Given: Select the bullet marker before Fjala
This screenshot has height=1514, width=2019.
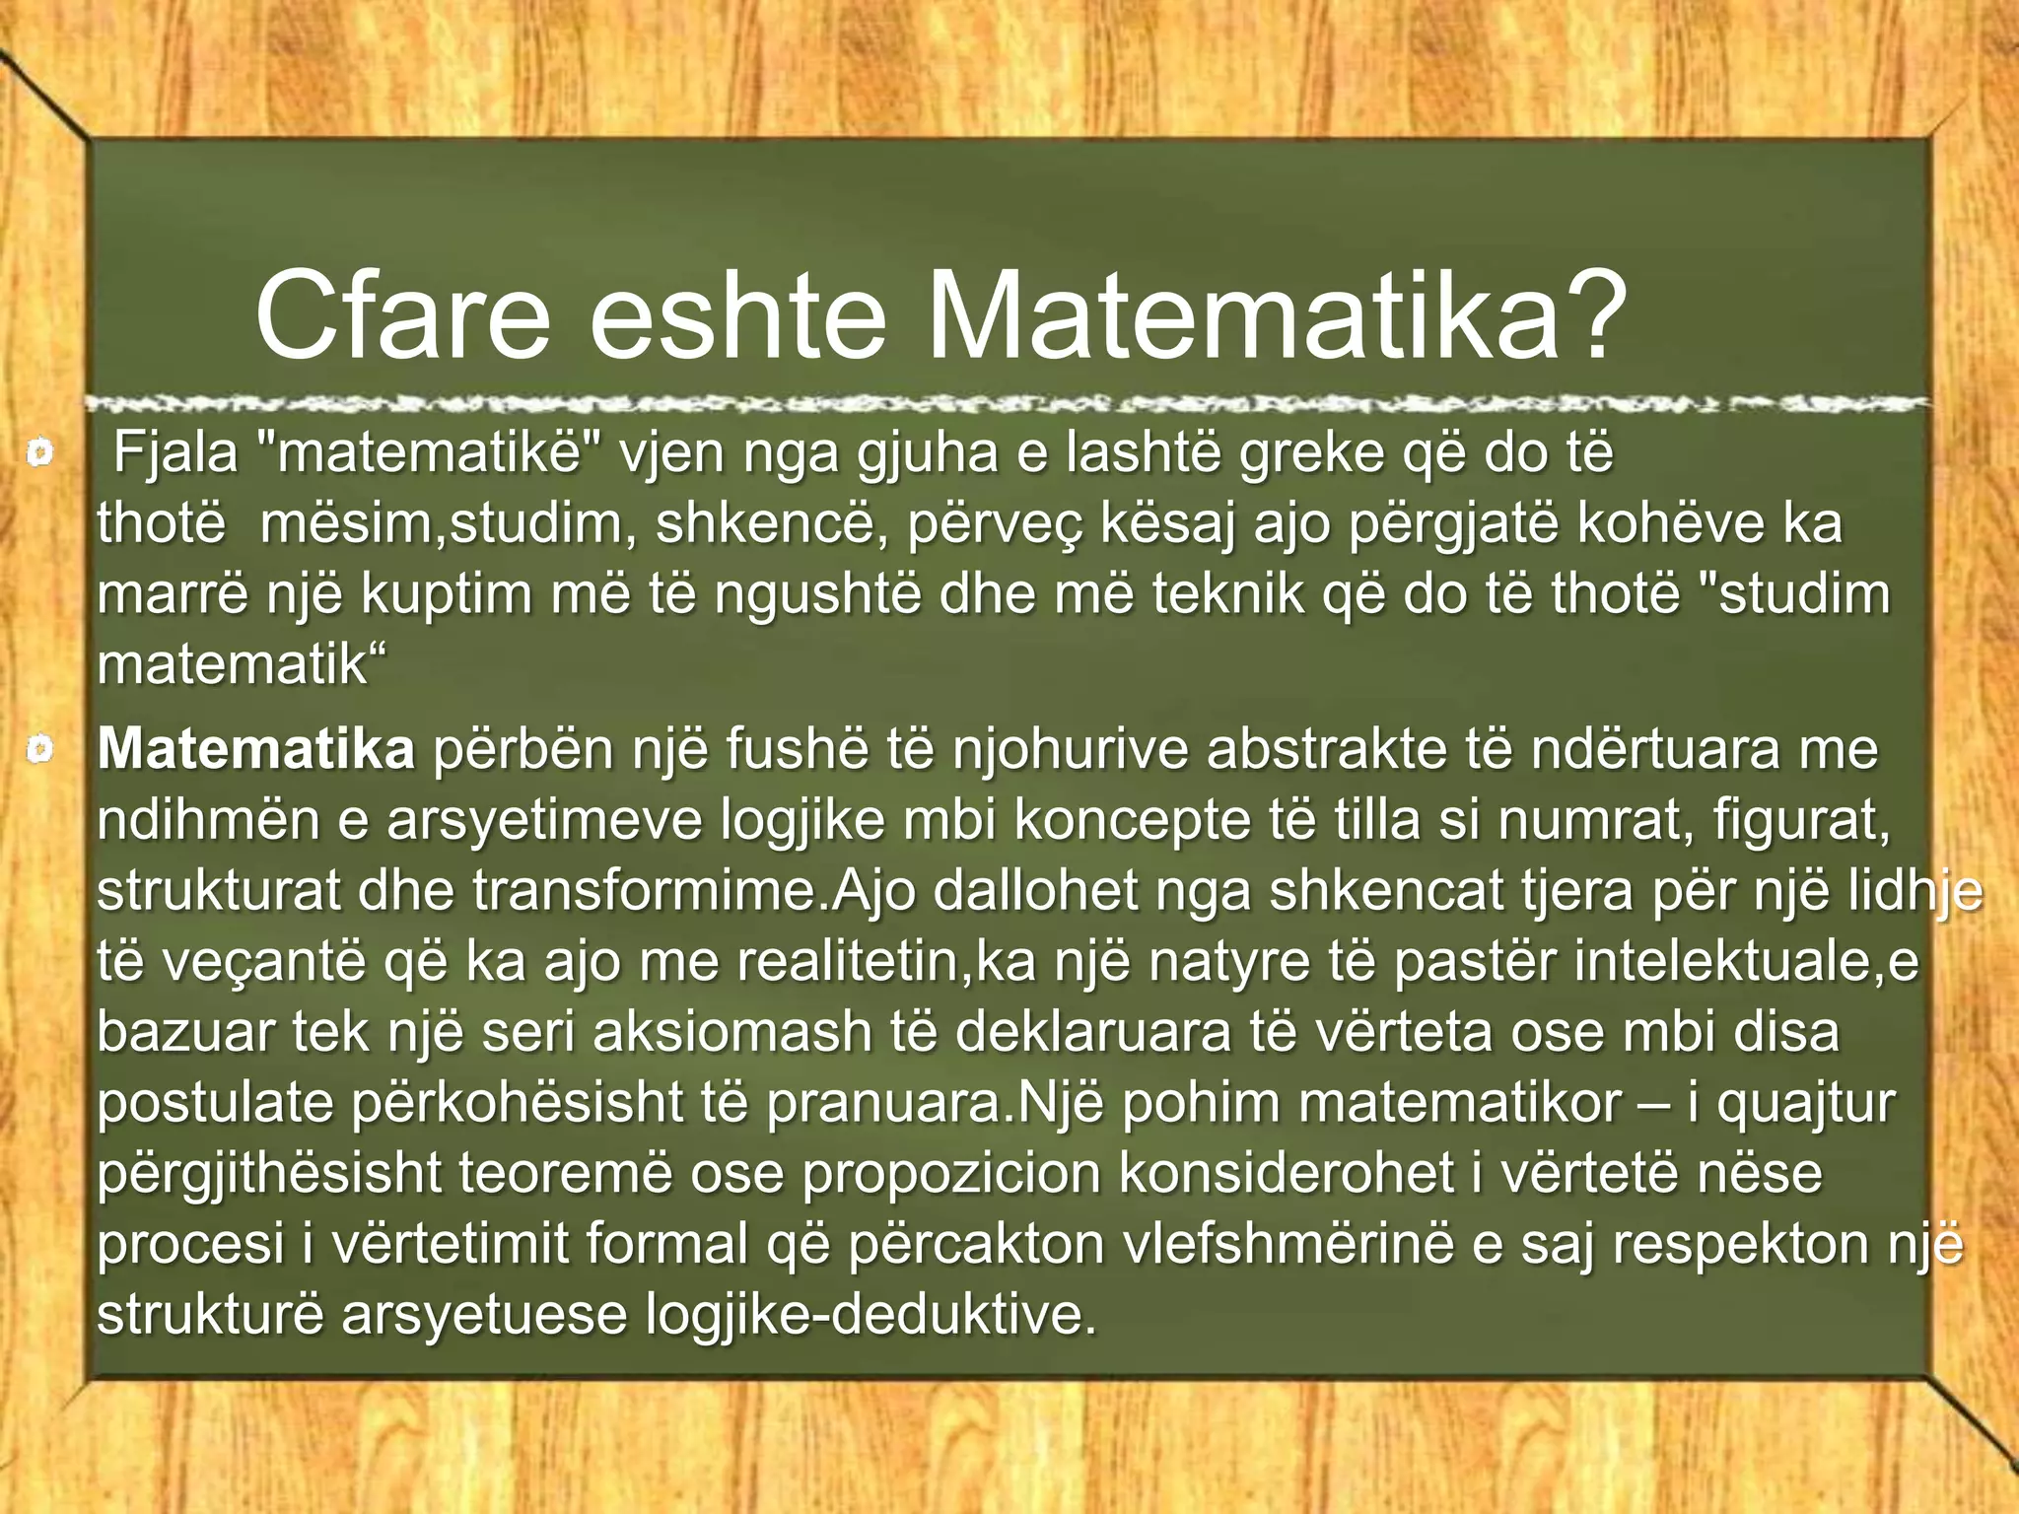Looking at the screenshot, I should (39, 453).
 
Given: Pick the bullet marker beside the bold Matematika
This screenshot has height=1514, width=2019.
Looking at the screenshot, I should (39, 750).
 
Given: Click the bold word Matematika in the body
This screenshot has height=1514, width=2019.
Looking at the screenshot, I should (255, 750).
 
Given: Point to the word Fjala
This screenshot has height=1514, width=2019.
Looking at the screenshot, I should (176, 453).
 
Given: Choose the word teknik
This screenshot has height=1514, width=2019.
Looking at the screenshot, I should (1228, 594).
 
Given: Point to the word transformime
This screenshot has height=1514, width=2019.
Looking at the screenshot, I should (645, 891).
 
